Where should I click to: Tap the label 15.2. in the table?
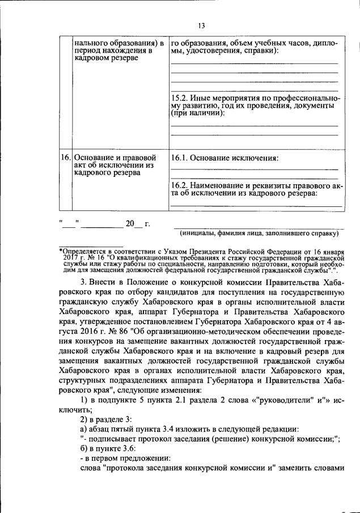pyautogui.click(x=181, y=98)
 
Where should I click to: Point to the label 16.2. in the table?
pyautogui.click(x=181, y=185)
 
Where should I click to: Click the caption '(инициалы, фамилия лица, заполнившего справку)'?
pyautogui.click(x=259, y=233)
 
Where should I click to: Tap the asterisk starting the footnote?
pyautogui.click(x=61, y=250)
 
